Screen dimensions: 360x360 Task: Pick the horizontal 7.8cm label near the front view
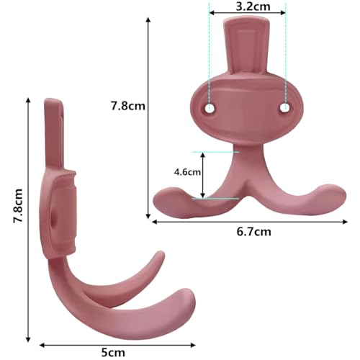tap(129, 106)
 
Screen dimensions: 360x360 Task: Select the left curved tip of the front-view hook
tap(167, 193)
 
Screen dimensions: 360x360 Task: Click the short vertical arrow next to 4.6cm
tap(203, 174)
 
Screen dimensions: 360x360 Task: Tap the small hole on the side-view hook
tap(57, 215)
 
